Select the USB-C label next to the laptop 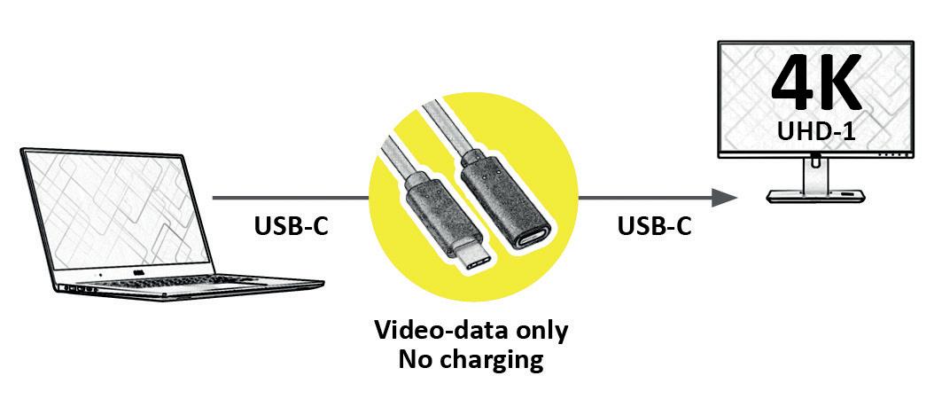tap(291, 227)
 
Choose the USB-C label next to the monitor tap(654, 227)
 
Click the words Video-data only tap(471, 332)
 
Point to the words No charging tap(471, 359)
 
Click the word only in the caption tap(540, 332)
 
